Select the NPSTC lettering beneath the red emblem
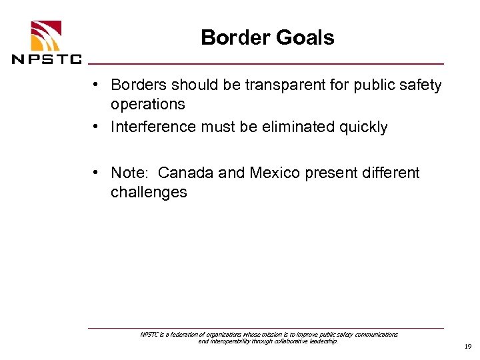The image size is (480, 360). (47, 58)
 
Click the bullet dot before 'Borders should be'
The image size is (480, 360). (97, 85)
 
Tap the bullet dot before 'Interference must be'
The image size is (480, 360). (97, 127)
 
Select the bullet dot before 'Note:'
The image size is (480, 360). (97, 173)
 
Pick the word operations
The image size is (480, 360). (148, 105)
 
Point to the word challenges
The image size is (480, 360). (149, 193)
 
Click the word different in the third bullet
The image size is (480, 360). (393, 173)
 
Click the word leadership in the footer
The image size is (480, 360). (323, 341)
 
